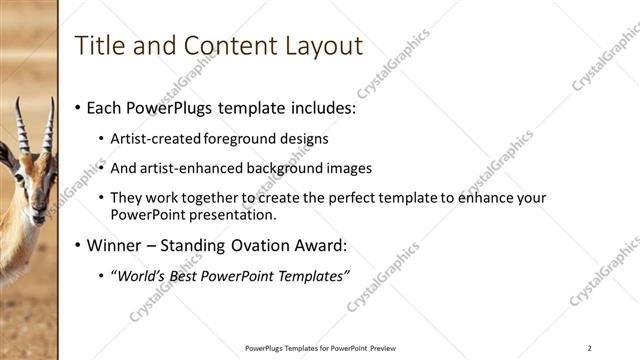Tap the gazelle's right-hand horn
coord(48,125)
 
